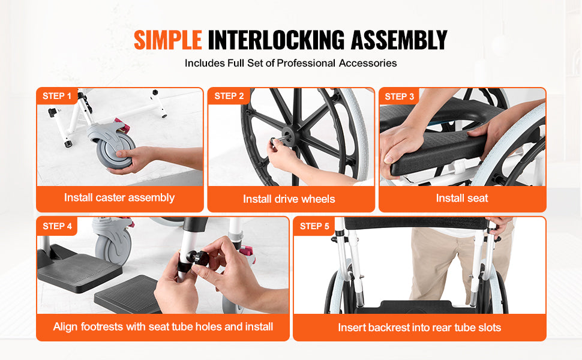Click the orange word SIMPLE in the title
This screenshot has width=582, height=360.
click(x=167, y=40)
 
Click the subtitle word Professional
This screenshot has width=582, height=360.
click(x=306, y=63)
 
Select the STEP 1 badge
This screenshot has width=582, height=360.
click(x=57, y=96)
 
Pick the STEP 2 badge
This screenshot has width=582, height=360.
click(x=229, y=96)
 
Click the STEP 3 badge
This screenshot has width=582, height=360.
click(x=400, y=96)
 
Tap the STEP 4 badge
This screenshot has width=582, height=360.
click(x=58, y=226)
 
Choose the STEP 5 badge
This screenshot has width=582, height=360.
click(x=314, y=226)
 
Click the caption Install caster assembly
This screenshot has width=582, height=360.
click(x=119, y=197)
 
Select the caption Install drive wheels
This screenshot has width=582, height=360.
click(x=289, y=199)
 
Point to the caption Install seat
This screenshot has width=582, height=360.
click(x=462, y=198)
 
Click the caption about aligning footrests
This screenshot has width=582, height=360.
click(x=163, y=327)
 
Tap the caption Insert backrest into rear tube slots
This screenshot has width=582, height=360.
click(x=419, y=328)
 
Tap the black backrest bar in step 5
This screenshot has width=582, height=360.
click(x=414, y=223)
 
